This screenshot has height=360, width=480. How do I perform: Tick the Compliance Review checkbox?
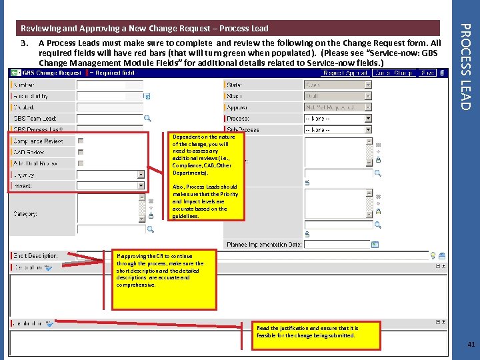pyautogui.click(x=81, y=141)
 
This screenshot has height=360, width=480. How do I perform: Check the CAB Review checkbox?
pyautogui.click(x=81, y=152)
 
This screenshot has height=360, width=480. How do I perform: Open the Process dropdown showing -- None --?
pyautogui.click(x=337, y=119)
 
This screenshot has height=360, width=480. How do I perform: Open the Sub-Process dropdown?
pyautogui.click(x=337, y=129)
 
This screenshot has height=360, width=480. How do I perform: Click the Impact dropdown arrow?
pyautogui.click(x=141, y=185)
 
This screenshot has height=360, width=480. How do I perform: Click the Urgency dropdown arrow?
pyautogui.click(x=141, y=175)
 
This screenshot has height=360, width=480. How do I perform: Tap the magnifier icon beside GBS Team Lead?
pyautogui.click(x=147, y=119)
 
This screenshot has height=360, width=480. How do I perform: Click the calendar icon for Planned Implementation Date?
pyautogui.click(x=375, y=245)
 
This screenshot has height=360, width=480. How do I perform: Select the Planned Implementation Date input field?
pyautogui.click(x=337, y=245)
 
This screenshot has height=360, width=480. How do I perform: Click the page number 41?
pyautogui.click(x=471, y=345)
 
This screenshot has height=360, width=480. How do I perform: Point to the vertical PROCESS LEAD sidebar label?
pyautogui.click(x=466, y=67)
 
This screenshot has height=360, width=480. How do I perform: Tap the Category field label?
pyautogui.click(x=25, y=214)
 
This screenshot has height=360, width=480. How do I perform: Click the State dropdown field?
pyautogui.click(x=337, y=85)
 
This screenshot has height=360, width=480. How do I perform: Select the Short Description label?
pyautogui.click(x=36, y=256)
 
